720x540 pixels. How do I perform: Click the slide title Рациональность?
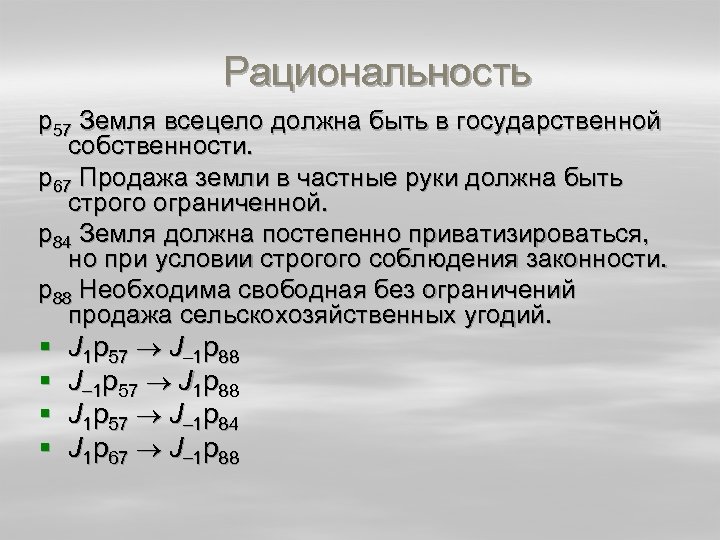[x=377, y=72]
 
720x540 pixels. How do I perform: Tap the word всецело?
[x=224, y=122]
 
